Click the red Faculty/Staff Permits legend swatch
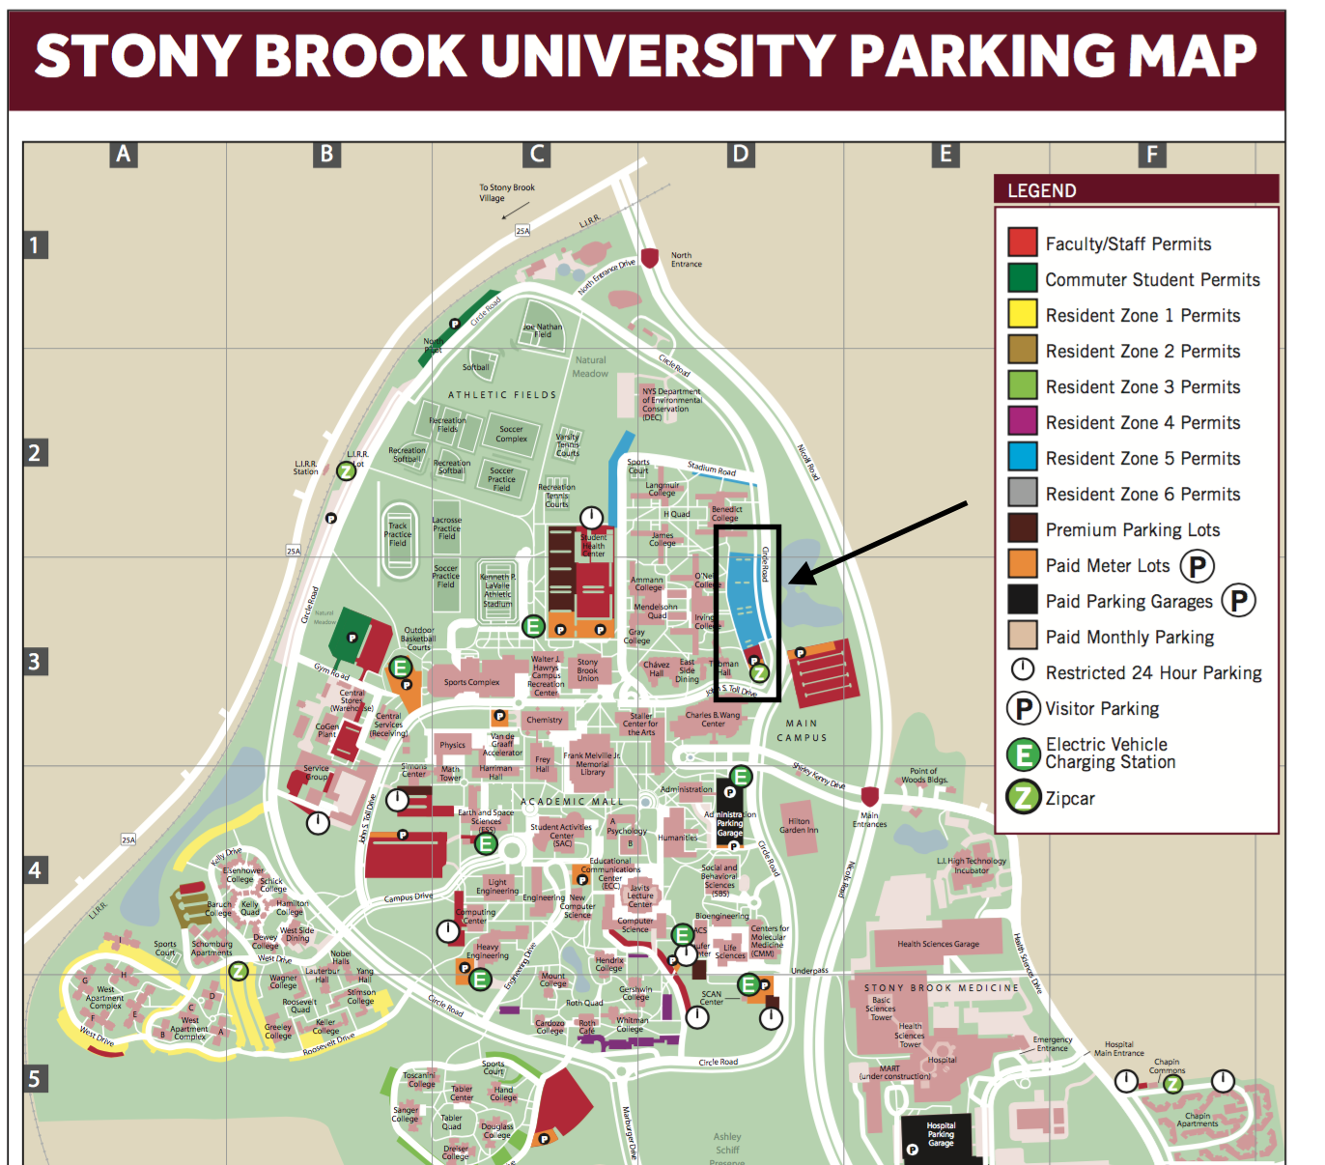point(1023,242)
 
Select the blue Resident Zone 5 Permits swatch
point(1023,457)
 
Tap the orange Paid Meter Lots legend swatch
point(1023,564)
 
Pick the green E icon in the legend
point(1024,753)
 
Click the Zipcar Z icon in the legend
point(1024,798)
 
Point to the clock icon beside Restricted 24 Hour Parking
point(1023,670)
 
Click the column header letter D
point(740,154)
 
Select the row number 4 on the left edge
point(35,869)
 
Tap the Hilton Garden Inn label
point(799,826)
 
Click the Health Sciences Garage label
point(938,944)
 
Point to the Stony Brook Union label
point(587,670)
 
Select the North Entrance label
point(687,260)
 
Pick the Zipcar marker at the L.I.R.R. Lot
point(346,471)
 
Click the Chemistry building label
point(545,720)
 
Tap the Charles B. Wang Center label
point(713,720)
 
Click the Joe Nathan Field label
point(543,330)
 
